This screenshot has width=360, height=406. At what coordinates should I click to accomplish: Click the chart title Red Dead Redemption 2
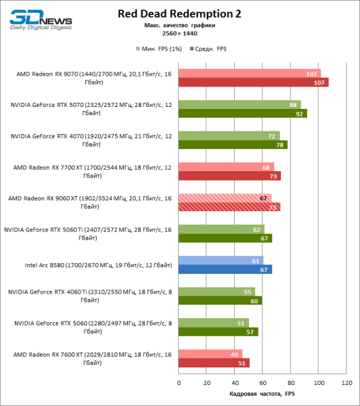(x=179, y=14)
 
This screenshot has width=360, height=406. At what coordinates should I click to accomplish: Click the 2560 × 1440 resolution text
(x=179, y=32)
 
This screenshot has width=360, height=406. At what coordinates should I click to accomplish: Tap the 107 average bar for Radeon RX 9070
(x=253, y=83)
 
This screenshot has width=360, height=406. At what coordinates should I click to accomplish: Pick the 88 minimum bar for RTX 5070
(x=240, y=105)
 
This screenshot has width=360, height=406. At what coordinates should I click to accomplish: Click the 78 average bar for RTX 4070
(x=233, y=145)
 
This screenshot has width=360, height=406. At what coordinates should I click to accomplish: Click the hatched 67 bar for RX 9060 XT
(x=225, y=198)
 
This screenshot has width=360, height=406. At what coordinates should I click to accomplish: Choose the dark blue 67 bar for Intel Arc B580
(x=225, y=269)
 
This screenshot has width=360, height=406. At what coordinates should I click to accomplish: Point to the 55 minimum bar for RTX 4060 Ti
(x=217, y=292)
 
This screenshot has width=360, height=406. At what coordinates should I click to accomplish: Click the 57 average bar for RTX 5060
(x=218, y=332)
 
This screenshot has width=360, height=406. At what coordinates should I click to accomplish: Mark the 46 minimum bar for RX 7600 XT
(x=210, y=354)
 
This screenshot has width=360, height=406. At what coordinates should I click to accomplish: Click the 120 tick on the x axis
(x=346, y=382)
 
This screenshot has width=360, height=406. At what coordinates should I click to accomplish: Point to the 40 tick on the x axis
(x=234, y=382)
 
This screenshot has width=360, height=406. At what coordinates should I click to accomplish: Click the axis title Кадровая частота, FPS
(x=263, y=394)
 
